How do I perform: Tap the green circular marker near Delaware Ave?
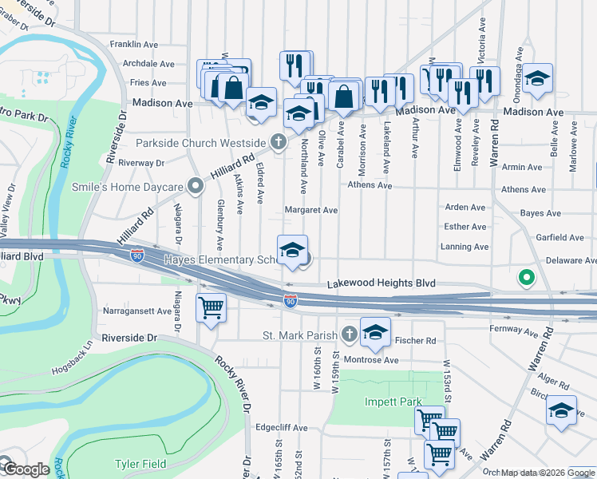(x=525, y=278)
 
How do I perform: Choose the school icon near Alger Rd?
(x=561, y=410)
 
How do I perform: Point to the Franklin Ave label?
(x=136, y=45)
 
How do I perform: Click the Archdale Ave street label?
(x=148, y=64)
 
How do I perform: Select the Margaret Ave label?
(x=311, y=211)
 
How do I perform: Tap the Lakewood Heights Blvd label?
(x=382, y=283)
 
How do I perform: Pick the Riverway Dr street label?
(x=140, y=163)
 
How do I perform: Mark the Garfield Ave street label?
(x=560, y=238)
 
